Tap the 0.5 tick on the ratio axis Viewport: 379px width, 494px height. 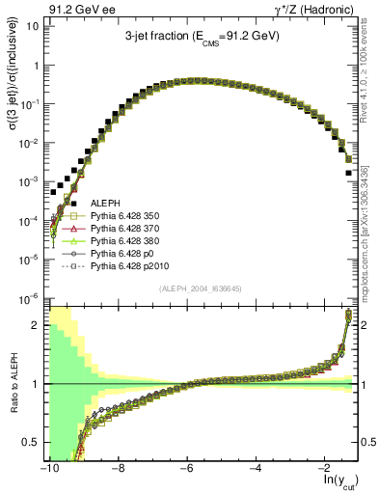[x=31, y=443]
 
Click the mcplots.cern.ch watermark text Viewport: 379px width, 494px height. [x=370, y=232]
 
